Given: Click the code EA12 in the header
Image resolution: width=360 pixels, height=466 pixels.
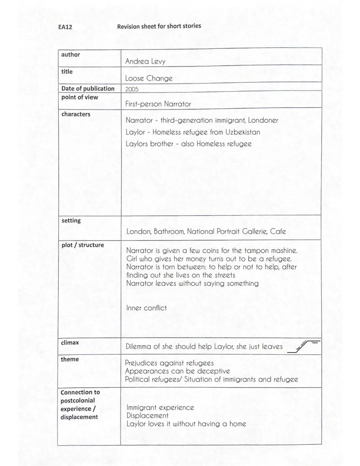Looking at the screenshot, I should click(x=65, y=27).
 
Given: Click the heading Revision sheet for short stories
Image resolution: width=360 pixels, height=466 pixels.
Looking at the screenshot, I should click(x=159, y=26).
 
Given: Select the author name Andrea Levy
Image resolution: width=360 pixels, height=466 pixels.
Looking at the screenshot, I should click(x=145, y=62).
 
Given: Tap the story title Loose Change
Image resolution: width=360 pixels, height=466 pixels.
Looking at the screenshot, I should click(x=149, y=79).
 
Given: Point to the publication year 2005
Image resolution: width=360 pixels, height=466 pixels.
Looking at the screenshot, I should click(x=132, y=89).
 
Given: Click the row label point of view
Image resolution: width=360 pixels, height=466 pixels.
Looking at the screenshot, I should click(x=80, y=97).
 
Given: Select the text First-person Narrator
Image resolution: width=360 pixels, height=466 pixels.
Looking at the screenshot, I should click(x=158, y=104).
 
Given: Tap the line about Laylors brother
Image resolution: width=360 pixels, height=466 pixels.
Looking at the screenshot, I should click(x=188, y=144).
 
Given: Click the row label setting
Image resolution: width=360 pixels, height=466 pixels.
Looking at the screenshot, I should click(x=71, y=221).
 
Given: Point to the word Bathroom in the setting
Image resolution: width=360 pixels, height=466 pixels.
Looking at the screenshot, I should click(x=169, y=231).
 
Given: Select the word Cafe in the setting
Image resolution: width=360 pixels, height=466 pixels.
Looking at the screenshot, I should click(x=278, y=231).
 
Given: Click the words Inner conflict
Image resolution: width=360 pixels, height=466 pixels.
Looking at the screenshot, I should click(x=147, y=308).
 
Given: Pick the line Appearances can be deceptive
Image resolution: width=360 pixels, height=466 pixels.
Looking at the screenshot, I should click(x=177, y=371).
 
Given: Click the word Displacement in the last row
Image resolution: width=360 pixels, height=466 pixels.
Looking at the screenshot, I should click(x=147, y=416).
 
